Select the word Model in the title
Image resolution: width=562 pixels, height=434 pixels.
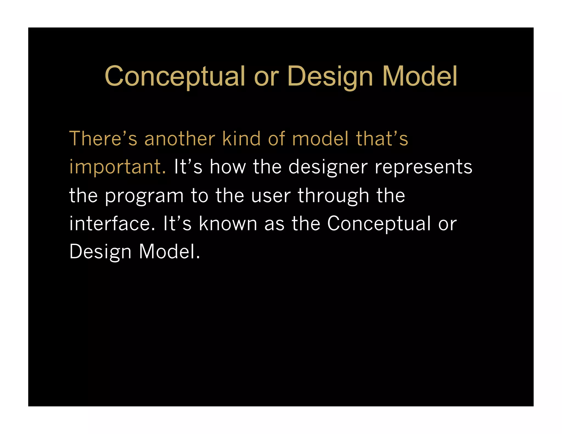(x=420, y=77)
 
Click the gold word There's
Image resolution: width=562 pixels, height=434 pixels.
(x=103, y=139)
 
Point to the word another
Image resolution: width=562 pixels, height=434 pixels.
(x=180, y=139)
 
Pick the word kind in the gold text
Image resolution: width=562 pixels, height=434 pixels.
(x=241, y=139)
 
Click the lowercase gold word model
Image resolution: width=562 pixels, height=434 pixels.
(x=321, y=139)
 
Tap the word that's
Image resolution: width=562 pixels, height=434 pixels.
(x=382, y=139)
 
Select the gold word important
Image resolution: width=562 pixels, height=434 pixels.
(x=117, y=167)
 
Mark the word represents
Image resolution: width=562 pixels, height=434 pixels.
(x=423, y=167)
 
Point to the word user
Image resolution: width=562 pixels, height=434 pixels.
(x=271, y=196)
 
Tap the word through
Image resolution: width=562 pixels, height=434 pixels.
(x=333, y=196)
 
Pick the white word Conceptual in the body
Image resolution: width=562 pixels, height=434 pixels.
(x=379, y=224)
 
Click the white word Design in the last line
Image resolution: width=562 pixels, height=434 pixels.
(x=100, y=252)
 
